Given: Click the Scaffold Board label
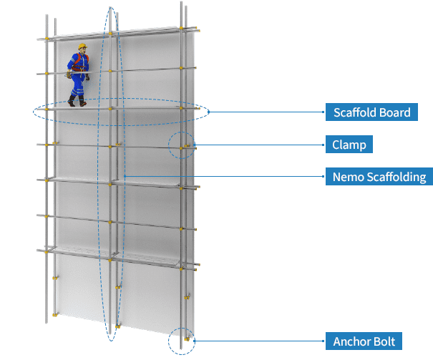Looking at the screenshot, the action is (x=371, y=112).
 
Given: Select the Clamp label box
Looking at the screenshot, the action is (x=349, y=144).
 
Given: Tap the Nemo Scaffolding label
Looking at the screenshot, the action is (x=379, y=176).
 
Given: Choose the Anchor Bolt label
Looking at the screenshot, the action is (x=364, y=341).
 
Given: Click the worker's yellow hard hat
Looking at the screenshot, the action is (x=82, y=46).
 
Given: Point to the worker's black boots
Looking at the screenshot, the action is (x=77, y=101).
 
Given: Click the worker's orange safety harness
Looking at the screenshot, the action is (x=81, y=62).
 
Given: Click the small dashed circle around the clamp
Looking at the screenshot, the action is (x=182, y=145).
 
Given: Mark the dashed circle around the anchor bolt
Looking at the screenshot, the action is (x=182, y=341).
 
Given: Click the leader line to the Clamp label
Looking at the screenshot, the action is (x=260, y=145).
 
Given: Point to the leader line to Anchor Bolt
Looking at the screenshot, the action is (x=260, y=341).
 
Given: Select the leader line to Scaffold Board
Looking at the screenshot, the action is (x=267, y=112).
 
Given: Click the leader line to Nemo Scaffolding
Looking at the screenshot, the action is (x=225, y=176).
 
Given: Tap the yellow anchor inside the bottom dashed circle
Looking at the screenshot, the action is (x=187, y=339).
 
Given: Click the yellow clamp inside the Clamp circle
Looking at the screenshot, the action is (x=187, y=145).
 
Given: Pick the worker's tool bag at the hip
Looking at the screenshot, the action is (x=69, y=75).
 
